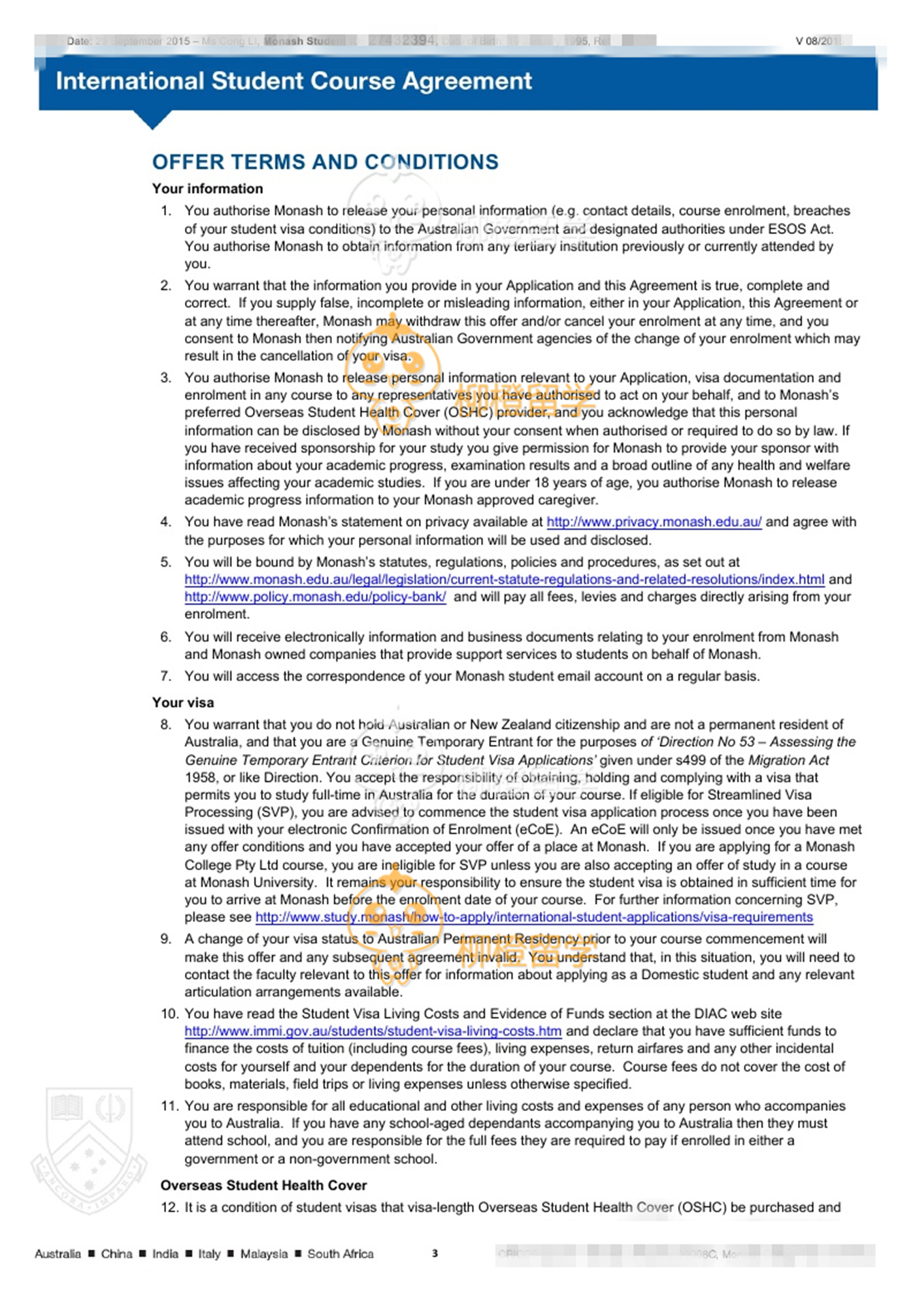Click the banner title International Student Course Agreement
293,81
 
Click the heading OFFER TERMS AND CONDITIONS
325,162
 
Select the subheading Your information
207,189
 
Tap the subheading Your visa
183,703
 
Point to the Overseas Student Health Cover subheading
263,1186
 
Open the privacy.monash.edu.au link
654,522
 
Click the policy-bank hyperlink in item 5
315,597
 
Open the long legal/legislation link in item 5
504,580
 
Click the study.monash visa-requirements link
533,918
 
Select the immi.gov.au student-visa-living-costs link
373,1031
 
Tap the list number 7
166,676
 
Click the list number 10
169,1014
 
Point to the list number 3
166,378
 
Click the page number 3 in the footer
435,1253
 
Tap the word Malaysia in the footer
263,1254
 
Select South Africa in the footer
341,1254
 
